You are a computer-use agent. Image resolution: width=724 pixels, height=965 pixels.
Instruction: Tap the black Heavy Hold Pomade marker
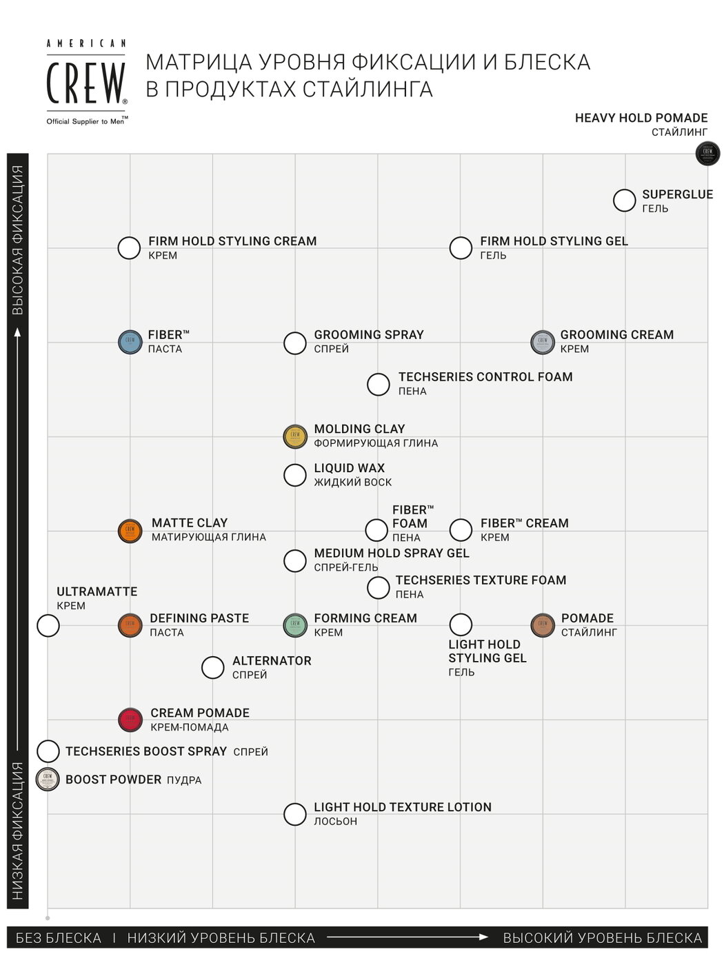click(x=707, y=152)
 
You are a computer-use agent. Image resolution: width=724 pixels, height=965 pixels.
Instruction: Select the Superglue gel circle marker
click(x=624, y=201)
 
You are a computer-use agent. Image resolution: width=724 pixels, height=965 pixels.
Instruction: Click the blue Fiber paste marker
click(x=130, y=342)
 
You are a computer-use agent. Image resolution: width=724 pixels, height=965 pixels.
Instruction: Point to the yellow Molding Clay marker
click(x=295, y=436)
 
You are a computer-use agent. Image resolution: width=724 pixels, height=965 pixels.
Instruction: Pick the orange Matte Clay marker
click(x=130, y=531)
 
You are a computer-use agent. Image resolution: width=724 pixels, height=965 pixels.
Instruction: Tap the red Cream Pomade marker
click(x=130, y=720)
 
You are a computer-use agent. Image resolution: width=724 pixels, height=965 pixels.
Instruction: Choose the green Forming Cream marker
click(x=295, y=624)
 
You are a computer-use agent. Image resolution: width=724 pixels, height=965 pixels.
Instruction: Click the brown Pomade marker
click(x=543, y=624)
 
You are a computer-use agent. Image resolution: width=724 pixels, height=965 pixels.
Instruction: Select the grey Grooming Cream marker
click(x=543, y=342)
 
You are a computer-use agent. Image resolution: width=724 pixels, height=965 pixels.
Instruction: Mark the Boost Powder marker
click(x=48, y=779)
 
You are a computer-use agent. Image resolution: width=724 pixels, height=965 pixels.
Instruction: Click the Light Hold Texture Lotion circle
click(x=295, y=814)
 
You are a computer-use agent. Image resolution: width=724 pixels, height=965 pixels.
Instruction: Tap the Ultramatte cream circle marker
click(x=48, y=626)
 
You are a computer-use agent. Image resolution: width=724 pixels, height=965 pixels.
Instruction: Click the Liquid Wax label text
click(x=349, y=468)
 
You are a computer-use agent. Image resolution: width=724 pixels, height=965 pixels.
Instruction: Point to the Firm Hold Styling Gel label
click(x=554, y=241)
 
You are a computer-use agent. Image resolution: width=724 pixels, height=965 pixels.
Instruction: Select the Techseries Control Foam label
click(x=485, y=377)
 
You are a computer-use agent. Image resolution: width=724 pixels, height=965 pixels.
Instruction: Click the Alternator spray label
click(x=272, y=661)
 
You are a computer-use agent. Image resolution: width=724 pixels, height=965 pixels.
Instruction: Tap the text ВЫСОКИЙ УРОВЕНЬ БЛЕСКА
click(x=602, y=938)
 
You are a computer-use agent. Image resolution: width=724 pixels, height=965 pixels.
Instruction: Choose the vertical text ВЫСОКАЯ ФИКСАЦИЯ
click(x=18, y=240)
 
